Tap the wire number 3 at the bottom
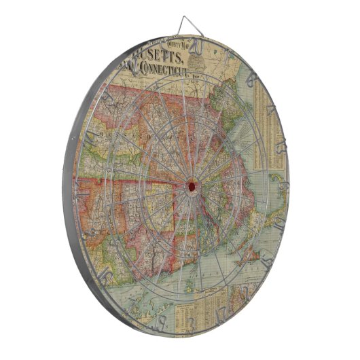click(192, 321)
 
